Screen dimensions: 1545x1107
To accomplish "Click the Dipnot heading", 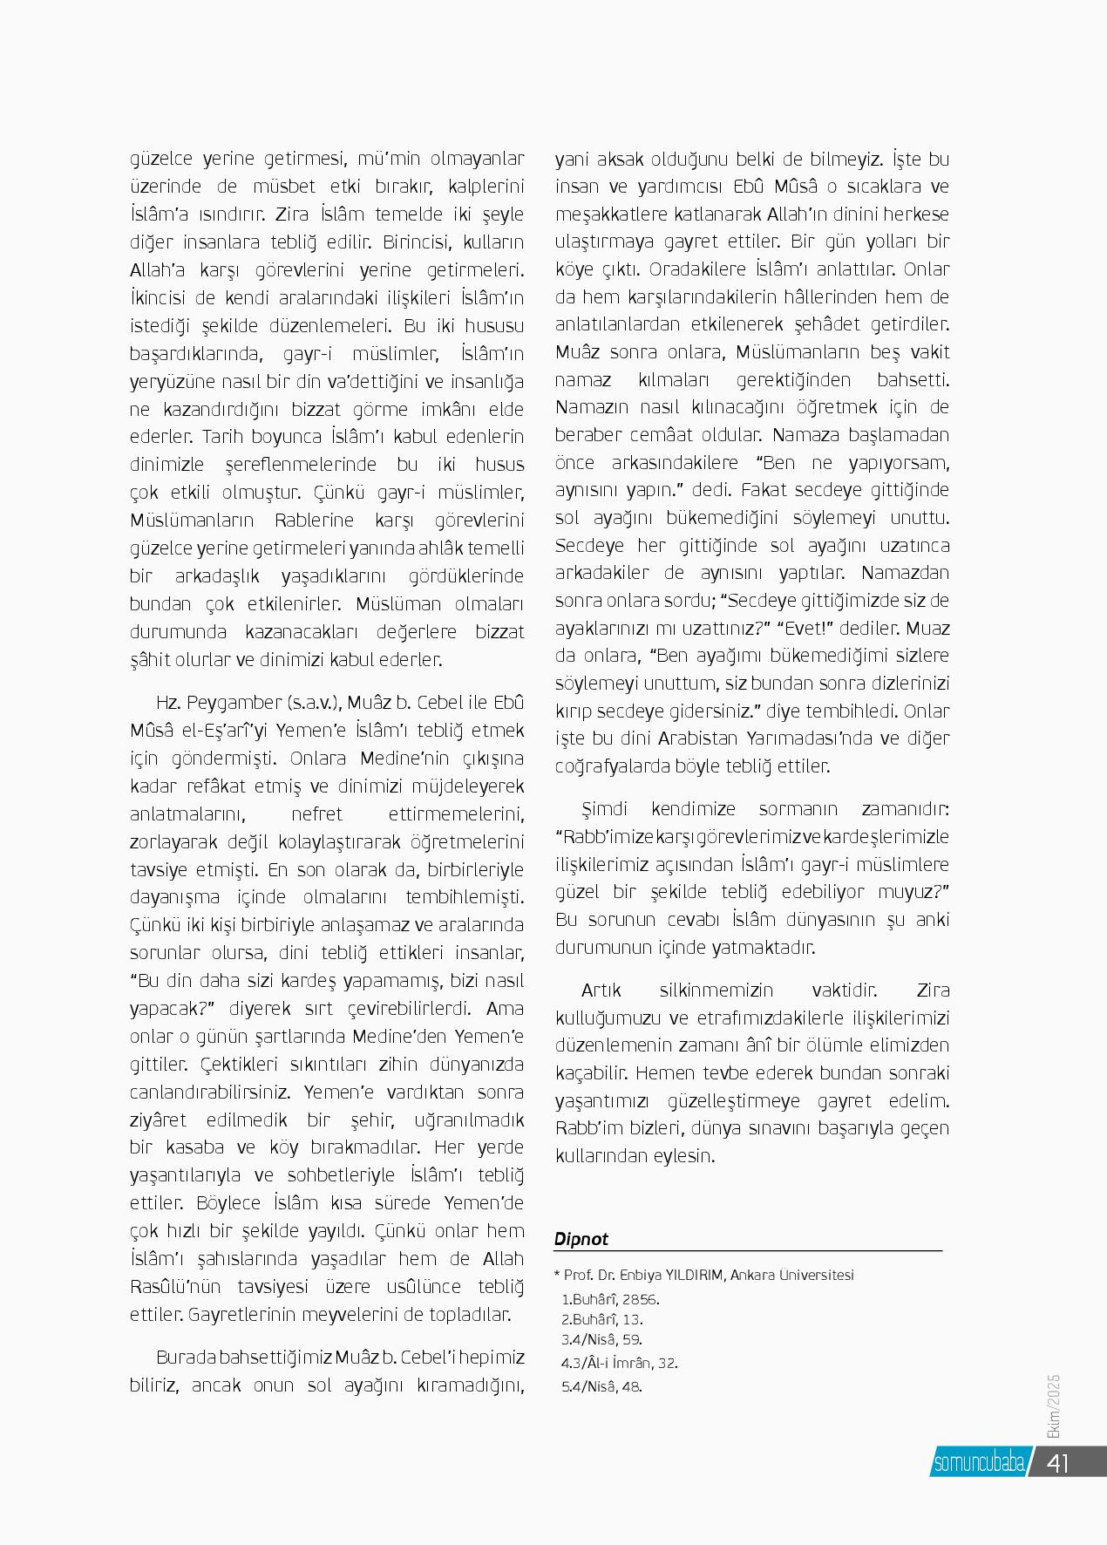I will tap(581, 1239).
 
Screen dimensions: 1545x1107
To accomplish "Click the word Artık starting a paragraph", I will tap(601, 990).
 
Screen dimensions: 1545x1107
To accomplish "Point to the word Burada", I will tap(186, 1358).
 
